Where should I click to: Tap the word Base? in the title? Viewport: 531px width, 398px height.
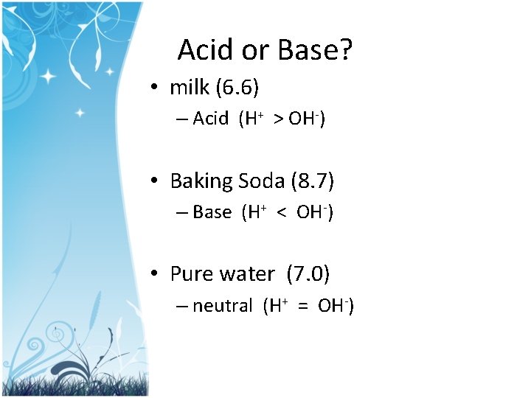pyautogui.click(x=316, y=50)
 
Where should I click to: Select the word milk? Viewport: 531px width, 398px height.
pyautogui.click(x=189, y=88)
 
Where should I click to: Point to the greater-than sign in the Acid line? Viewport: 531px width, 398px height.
pyautogui.click(x=278, y=119)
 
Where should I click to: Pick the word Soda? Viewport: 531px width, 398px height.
pyautogui.click(x=261, y=181)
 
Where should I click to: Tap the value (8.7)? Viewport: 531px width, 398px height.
pyautogui.click(x=313, y=181)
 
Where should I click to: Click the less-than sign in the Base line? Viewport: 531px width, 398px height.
pyautogui.click(x=281, y=213)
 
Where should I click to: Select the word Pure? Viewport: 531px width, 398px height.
pyautogui.click(x=190, y=274)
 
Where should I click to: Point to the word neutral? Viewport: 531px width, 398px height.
pyautogui.click(x=222, y=306)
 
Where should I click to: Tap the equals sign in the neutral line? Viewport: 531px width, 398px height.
pyautogui.click(x=302, y=306)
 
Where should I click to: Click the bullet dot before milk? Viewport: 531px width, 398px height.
pyautogui.click(x=152, y=88)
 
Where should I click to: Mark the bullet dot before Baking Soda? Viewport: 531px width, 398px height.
pyautogui.click(x=152, y=181)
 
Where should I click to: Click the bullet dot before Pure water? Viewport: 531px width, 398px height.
pyautogui.click(x=152, y=275)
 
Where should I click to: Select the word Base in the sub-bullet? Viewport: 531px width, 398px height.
pyautogui.click(x=212, y=212)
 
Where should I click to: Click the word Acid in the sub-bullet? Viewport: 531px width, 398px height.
pyautogui.click(x=211, y=119)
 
